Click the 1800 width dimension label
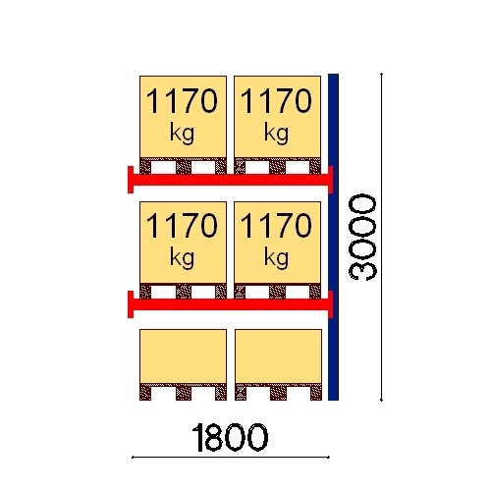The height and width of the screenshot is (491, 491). coord(230,438)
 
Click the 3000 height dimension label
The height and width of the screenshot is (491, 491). coord(362,237)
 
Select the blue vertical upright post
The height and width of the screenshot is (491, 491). coord(333,237)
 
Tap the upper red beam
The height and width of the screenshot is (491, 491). coord(231,180)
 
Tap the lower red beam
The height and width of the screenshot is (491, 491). coord(231,304)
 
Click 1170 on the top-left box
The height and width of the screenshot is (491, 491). coord(182,101)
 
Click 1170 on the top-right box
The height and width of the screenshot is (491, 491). coord(276,101)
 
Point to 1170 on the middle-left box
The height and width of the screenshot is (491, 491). coord(182,225)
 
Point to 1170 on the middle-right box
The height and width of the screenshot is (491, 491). coord(276,225)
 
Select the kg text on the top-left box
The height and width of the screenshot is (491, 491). coord(182,134)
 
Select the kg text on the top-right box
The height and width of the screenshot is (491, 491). coord(277,134)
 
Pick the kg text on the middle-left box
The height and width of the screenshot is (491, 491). coord(182,258)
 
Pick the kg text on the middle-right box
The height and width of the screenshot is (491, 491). coord(277,258)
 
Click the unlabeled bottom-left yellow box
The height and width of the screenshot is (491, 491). coord(183,356)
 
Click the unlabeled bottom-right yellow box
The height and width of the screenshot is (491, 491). coord(278,356)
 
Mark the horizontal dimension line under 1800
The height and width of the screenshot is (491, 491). coord(231,458)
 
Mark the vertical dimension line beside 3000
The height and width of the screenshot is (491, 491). coord(381,237)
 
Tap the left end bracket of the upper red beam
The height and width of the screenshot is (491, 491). coord(131,180)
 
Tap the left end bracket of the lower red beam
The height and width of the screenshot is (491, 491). coord(131,304)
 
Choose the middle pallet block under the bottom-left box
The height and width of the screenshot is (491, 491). coord(184,392)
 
